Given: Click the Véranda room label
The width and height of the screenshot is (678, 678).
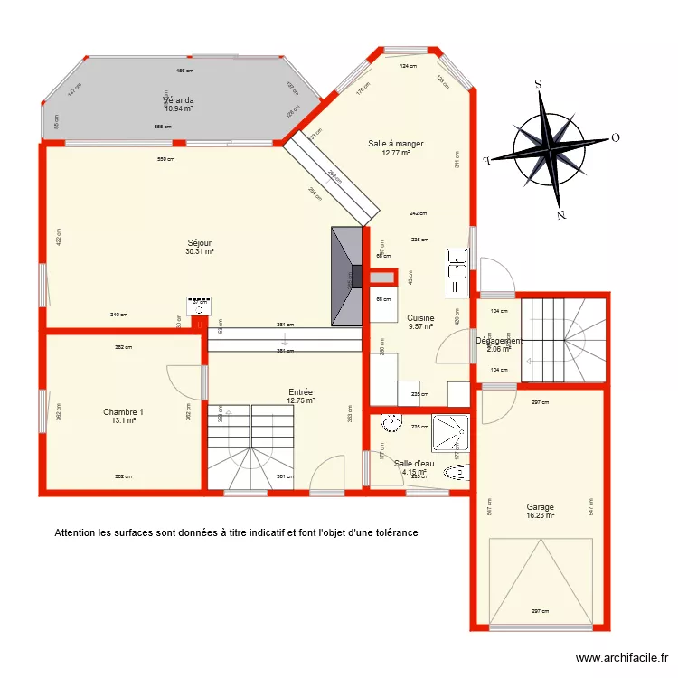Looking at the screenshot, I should pyautogui.click(x=179, y=99).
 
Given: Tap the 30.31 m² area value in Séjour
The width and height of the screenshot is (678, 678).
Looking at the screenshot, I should pyautogui.click(x=199, y=252).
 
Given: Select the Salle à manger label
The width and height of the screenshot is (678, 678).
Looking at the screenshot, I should pyautogui.click(x=395, y=143).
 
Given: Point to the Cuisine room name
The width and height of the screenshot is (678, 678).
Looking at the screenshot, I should pyautogui.click(x=420, y=317).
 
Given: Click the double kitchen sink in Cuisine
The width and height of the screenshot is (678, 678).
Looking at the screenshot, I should pyautogui.click(x=457, y=272).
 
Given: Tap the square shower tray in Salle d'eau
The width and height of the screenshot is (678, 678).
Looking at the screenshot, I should pyautogui.click(x=450, y=432).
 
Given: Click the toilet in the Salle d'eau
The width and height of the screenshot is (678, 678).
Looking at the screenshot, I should pyautogui.click(x=457, y=471).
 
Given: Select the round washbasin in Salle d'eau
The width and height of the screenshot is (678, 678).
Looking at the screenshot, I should pyautogui.click(x=392, y=424).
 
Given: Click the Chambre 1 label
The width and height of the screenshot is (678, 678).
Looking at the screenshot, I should pyautogui.click(x=123, y=411).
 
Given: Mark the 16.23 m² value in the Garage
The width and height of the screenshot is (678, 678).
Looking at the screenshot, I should pyautogui.click(x=540, y=515).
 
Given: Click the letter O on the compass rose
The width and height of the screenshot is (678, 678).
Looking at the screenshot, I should pyautogui.click(x=615, y=138).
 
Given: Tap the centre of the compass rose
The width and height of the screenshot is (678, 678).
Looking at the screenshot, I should pyautogui.click(x=550, y=148).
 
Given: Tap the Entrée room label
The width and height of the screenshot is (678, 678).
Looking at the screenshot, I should pyautogui.click(x=300, y=391).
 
